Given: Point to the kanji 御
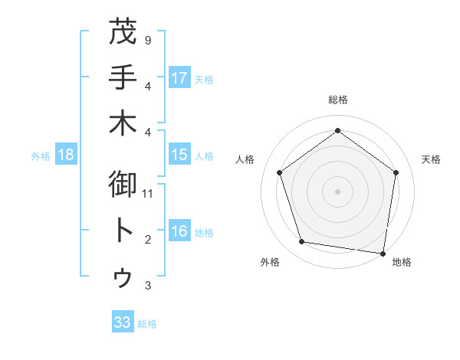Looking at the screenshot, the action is pyautogui.click(x=123, y=186).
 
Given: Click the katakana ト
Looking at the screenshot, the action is pyautogui.click(x=123, y=231).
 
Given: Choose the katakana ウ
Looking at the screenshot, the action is pyautogui.click(x=123, y=277).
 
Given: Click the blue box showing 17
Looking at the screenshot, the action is pyautogui.click(x=179, y=78).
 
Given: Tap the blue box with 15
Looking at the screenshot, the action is pyautogui.click(x=179, y=155).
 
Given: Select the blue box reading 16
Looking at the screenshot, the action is pyautogui.click(x=179, y=232).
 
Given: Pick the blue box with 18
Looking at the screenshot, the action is pyautogui.click(x=66, y=155).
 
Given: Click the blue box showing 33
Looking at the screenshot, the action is pyautogui.click(x=122, y=322).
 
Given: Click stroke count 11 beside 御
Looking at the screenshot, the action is pyautogui.click(x=149, y=194).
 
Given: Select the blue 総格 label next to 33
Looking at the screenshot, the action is pyautogui.click(x=147, y=324).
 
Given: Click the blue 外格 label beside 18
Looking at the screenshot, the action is pyautogui.click(x=41, y=156).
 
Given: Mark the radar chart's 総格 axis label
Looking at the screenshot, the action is pyautogui.click(x=337, y=100).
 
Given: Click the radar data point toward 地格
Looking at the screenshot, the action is pyautogui.click(x=383, y=253).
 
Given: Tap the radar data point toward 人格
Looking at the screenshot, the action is pyautogui.click(x=279, y=172).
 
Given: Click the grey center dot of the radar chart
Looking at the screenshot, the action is pyautogui.click(x=337, y=191).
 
